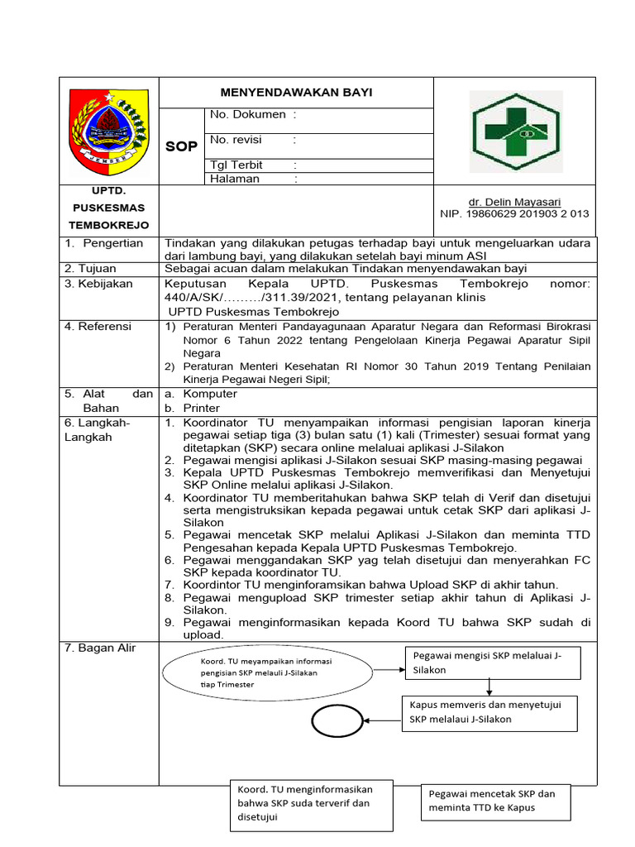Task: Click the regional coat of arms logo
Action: [x=108, y=129]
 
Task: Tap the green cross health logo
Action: [x=514, y=132]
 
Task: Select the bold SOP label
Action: [x=181, y=146]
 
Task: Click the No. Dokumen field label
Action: [x=248, y=114]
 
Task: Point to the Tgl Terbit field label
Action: [x=236, y=165]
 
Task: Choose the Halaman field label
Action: [x=235, y=179]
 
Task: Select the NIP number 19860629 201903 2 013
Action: [x=514, y=213]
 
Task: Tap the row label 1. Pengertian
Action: [x=104, y=243]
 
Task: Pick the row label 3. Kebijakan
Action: [x=98, y=284]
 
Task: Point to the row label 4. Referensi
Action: [x=98, y=327]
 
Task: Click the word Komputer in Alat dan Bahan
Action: [x=210, y=394]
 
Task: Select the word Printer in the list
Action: [x=202, y=408]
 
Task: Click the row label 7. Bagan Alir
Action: [x=101, y=648]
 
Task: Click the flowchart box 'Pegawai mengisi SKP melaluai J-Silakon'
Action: [x=492, y=663]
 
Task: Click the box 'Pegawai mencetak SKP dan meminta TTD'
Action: [x=495, y=801]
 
